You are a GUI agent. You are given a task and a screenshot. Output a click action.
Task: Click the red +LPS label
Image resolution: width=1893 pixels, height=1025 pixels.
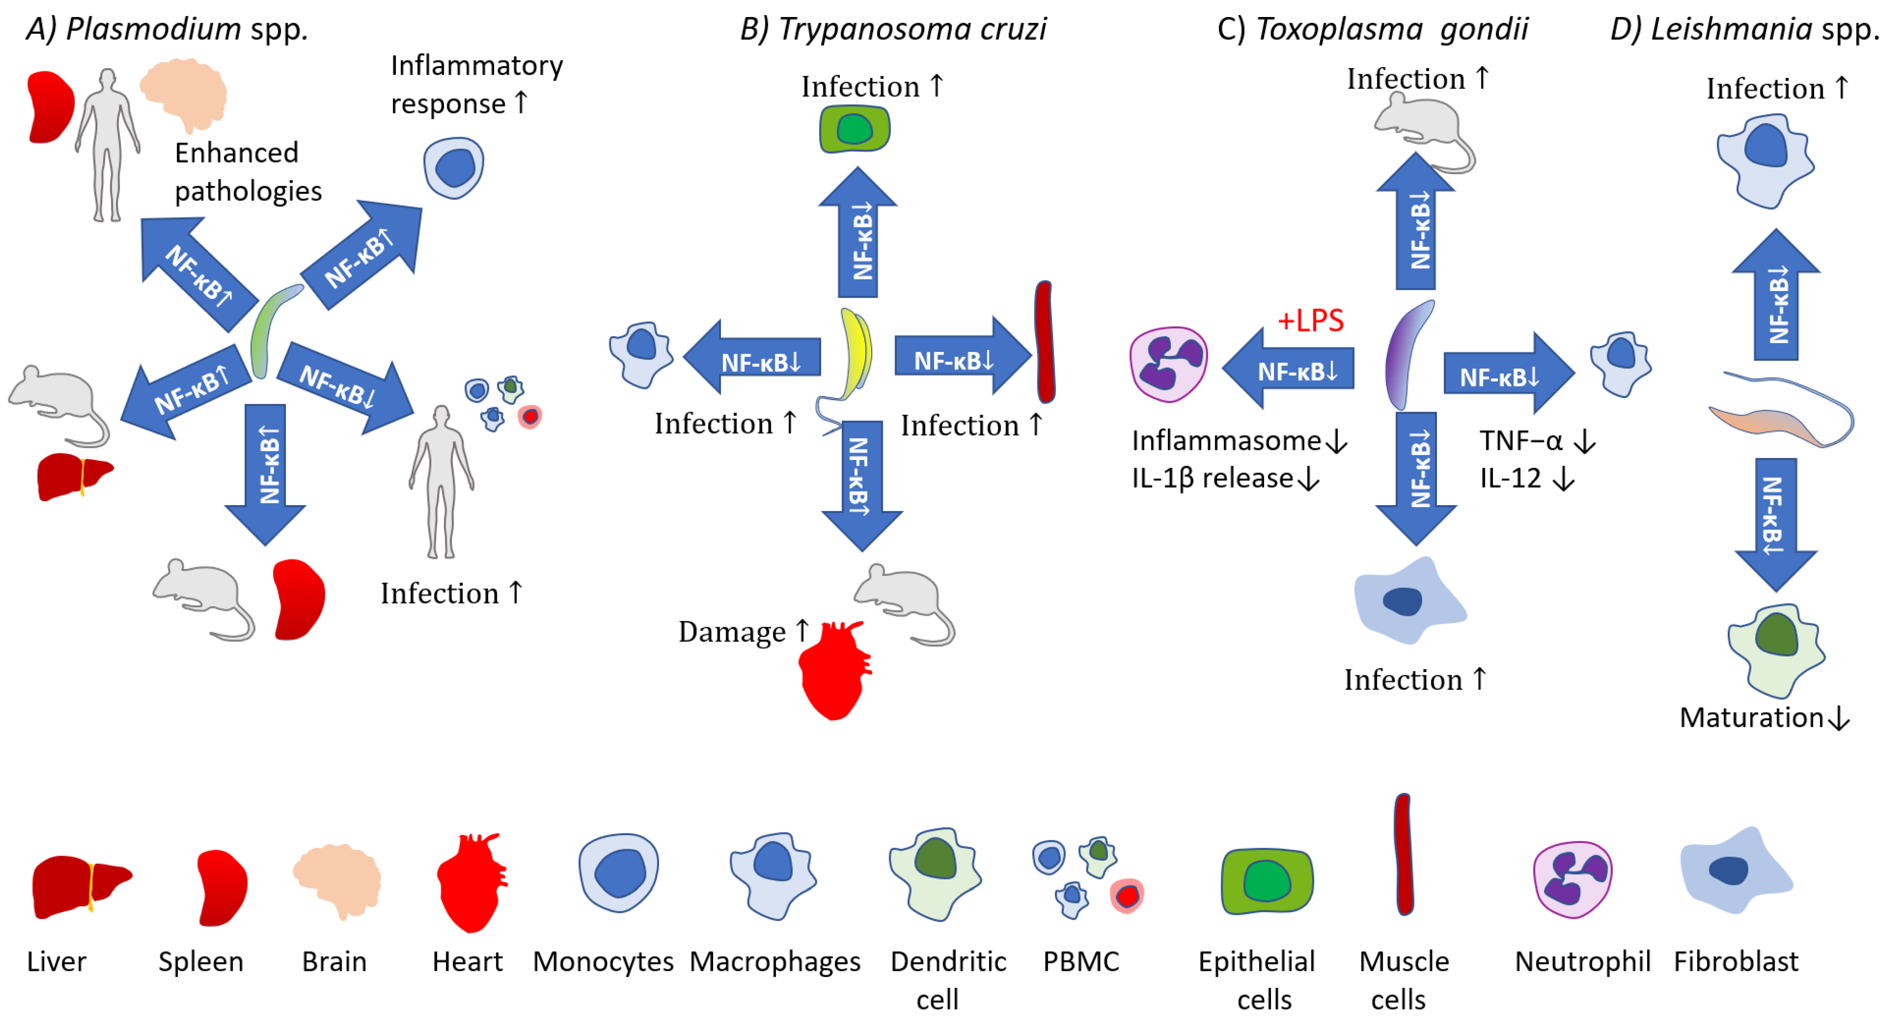click(x=1310, y=321)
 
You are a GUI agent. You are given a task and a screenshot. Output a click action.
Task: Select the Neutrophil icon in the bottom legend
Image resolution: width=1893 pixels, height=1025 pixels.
click(x=1572, y=879)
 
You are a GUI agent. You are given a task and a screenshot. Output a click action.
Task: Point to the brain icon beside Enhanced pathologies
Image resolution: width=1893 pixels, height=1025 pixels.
click(x=184, y=95)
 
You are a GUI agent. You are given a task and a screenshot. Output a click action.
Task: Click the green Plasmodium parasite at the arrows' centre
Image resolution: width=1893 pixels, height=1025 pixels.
click(x=269, y=330)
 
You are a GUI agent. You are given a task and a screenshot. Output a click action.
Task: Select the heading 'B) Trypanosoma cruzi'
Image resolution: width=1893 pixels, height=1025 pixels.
click(x=892, y=30)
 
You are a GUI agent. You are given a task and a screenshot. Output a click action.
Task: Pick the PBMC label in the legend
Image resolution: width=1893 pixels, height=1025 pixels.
click(x=1081, y=961)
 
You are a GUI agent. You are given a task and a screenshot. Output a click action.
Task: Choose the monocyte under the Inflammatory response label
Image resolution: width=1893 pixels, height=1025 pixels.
click(x=453, y=167)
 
